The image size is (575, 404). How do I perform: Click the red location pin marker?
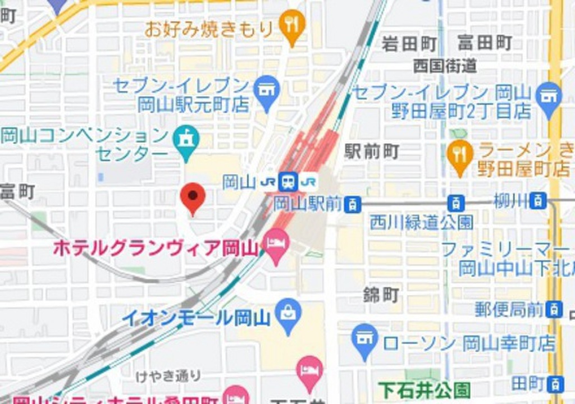pos(193,197)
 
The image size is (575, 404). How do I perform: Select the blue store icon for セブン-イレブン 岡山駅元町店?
pos(266,90)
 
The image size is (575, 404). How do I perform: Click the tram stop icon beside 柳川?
pos(539,200)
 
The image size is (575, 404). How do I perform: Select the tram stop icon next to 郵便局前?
pos(554,309)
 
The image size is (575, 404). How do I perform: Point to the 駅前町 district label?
pos(372,151)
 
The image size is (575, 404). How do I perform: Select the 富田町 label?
pos(484,42)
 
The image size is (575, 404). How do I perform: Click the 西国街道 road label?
pos(445,66)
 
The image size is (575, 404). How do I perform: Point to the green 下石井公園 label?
pos(425,389)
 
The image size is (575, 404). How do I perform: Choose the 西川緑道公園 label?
pos(421,222)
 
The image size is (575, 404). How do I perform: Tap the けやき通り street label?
pos(168,376)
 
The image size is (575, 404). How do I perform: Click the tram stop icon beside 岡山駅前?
pos(353,204)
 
